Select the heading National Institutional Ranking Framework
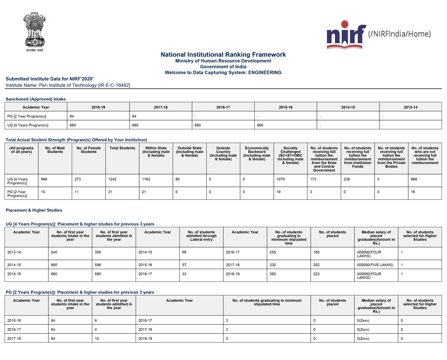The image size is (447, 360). point(223,55)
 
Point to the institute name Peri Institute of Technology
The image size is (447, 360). point(68,85)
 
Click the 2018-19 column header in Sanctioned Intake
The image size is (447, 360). point(98,107)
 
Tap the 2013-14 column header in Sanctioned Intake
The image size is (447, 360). point(410,107)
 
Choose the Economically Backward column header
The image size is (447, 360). point(257,153)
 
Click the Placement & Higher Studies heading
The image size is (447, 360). point(34,211)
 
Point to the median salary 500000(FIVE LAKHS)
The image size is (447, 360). point(375,265)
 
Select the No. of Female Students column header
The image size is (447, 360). point(88,150)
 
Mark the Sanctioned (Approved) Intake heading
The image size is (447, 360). point(35,99)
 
